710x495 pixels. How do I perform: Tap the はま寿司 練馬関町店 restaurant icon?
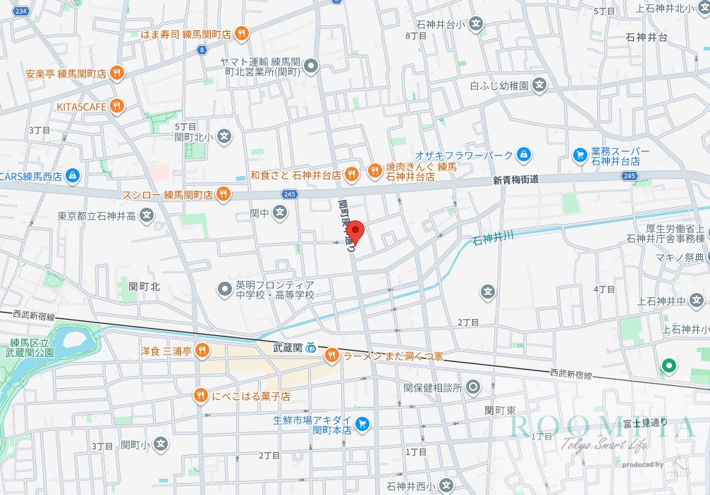point(242,32)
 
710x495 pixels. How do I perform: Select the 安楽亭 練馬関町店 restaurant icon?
point(117,72)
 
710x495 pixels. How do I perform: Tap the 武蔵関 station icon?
point(311,348)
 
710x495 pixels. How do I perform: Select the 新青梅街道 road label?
point(515,180)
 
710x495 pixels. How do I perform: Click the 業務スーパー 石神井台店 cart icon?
point(580,154)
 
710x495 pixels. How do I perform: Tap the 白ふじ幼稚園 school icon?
point(539,86)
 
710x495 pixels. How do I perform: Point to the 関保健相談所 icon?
point(474,387)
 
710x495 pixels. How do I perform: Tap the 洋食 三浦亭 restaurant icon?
point(202,349)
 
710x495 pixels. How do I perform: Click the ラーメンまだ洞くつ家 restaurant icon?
point(331,356)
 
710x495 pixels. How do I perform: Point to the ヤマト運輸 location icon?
point(312,67)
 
